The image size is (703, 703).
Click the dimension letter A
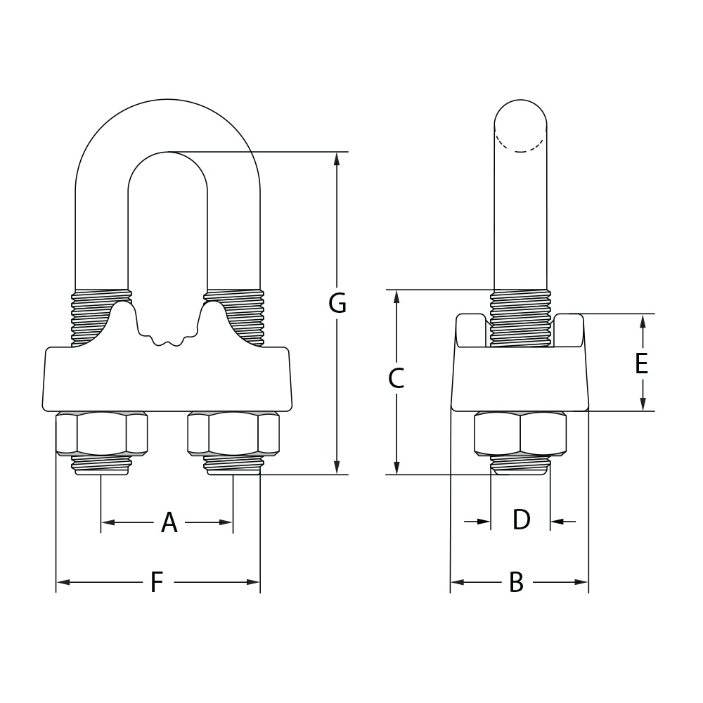169,523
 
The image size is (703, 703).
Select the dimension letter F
157,583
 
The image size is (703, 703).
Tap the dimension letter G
337,304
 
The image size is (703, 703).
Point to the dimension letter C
396,379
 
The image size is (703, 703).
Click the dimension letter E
641,364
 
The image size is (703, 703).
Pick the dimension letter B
517,583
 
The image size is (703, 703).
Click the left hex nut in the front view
101,434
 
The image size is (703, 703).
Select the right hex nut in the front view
233,434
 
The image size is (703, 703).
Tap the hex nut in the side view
520,434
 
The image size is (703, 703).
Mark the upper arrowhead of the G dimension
337,159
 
